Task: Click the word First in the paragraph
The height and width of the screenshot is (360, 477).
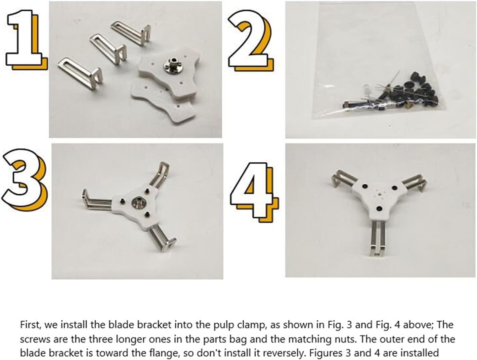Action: (x=30, y=325)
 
